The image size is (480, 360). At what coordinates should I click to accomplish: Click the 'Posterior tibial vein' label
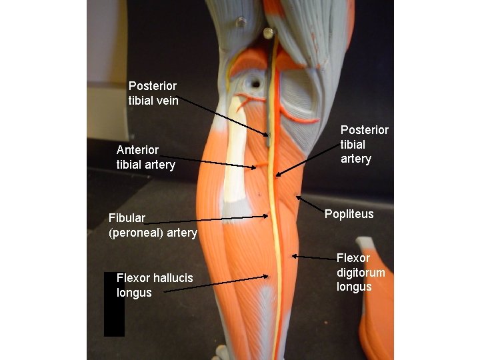click(153, 93)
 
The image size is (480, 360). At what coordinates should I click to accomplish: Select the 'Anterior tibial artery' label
click(145, 157)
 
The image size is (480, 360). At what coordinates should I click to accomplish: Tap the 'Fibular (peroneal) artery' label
click(153, 225)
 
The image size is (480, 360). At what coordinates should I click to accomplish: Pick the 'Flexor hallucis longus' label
click(154, 285)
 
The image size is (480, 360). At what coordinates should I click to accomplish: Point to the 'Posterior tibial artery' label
click(364, 144)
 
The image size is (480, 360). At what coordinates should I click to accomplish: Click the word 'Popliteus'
click(349, 214)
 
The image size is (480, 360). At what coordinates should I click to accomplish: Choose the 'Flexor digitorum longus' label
click(361, 273)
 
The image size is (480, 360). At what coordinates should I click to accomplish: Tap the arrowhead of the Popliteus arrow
click(297, 197)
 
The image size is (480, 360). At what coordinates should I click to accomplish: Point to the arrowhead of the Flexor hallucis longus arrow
click(268, 275)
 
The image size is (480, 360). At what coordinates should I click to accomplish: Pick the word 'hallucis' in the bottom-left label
click(173, 278)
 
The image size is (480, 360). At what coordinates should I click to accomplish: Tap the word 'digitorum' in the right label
click(361, 273)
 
